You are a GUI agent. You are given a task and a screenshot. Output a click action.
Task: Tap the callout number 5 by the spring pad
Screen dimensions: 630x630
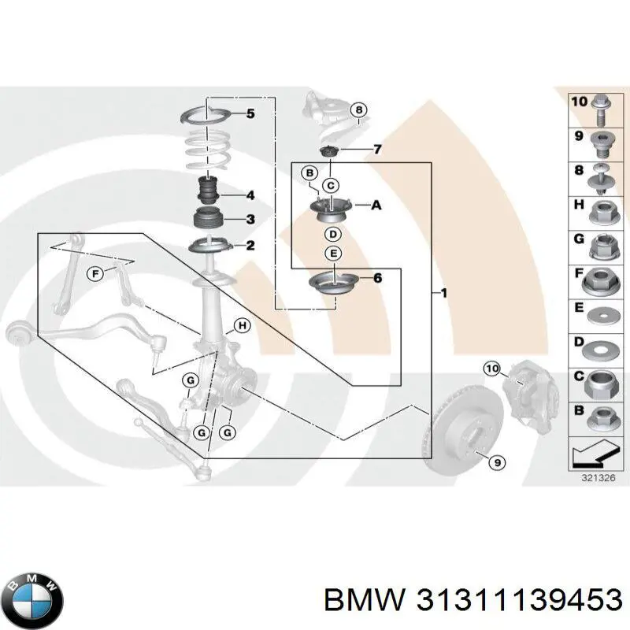click(x=250, y=114)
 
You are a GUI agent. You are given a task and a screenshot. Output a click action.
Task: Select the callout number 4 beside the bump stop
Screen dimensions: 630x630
click(x=250, y=195)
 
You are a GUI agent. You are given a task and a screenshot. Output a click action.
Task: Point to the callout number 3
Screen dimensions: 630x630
click(x=250, y=220)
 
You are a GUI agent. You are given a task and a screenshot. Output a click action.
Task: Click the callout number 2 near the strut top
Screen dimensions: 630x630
click(x=250, y=246)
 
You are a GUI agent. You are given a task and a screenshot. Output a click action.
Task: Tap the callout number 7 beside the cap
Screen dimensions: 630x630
click(x=377, y=150)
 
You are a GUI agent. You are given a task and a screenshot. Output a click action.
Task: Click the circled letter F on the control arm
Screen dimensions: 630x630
click(x=94, y=274)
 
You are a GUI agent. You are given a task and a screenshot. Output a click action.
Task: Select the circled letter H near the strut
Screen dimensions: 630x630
click(x=242, y=326)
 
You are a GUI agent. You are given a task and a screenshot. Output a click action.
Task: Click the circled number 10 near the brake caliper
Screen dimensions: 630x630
click(x=491, y=368)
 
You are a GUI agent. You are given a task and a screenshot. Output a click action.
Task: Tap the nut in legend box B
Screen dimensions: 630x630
click(x=598, y=419)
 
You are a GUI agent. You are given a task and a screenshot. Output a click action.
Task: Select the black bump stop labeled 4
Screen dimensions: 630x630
click(x=208, y=191)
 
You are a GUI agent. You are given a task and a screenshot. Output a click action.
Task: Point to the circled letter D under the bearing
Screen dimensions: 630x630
click(x=332, y=235)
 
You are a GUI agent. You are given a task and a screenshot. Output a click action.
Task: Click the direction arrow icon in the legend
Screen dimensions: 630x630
click(x=590, y=455)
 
